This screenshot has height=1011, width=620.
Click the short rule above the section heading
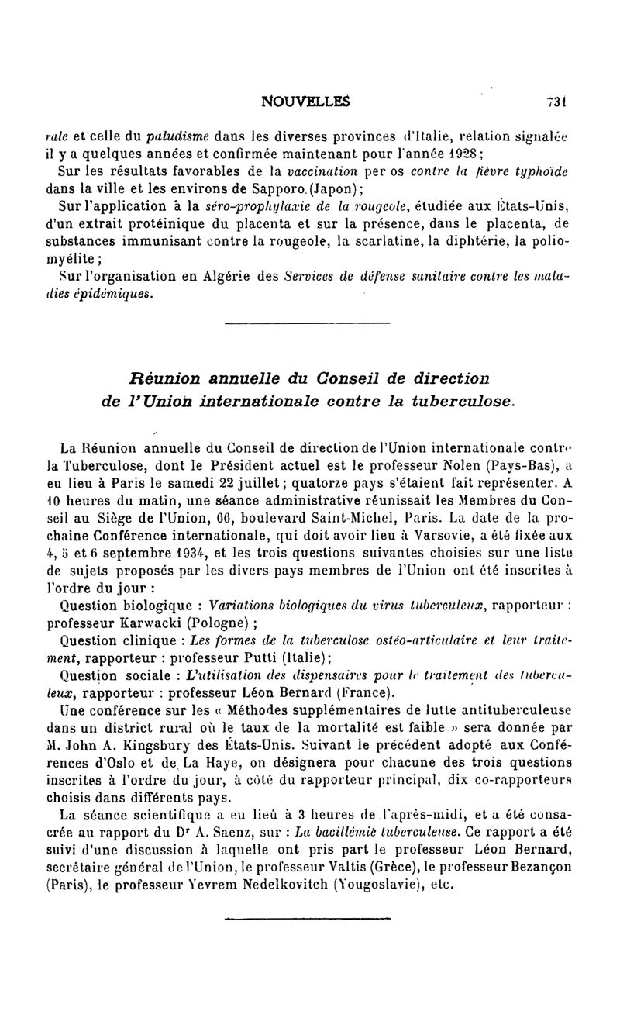pyautogui.click(x=306, y=323)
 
